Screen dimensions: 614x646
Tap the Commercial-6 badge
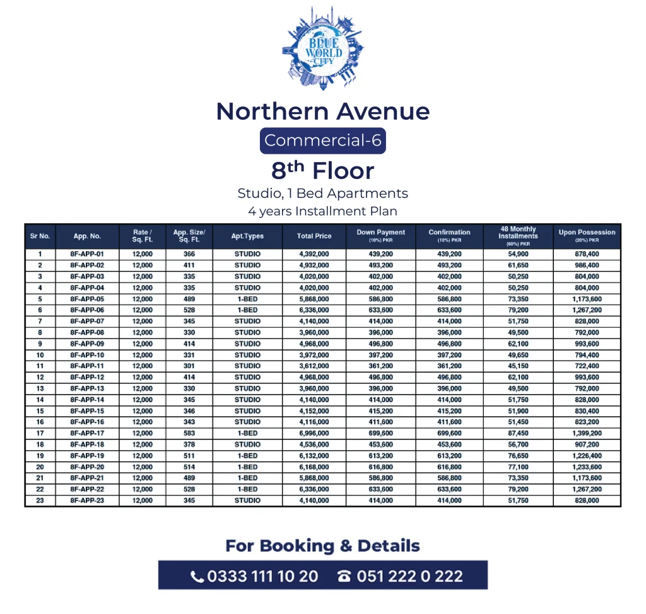[322, 140]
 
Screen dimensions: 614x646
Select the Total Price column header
[314, 236]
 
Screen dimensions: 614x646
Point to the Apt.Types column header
[247, 236]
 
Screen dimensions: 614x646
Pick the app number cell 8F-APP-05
[87, 299]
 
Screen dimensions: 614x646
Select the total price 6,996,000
[314, 433]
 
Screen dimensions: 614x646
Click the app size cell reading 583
[189, 433]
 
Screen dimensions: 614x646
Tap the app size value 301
[189, 366]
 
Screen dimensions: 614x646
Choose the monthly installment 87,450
[518, 433]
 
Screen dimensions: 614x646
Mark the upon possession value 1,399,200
[587, 433]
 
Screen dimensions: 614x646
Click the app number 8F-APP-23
[87, 501]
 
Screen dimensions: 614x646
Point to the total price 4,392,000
[314, 254]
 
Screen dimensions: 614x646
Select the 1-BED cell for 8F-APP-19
[247, 456]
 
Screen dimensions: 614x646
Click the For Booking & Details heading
[322, 546]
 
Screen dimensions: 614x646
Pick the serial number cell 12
[40, 377]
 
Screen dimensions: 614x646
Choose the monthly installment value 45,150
[518, 366]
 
